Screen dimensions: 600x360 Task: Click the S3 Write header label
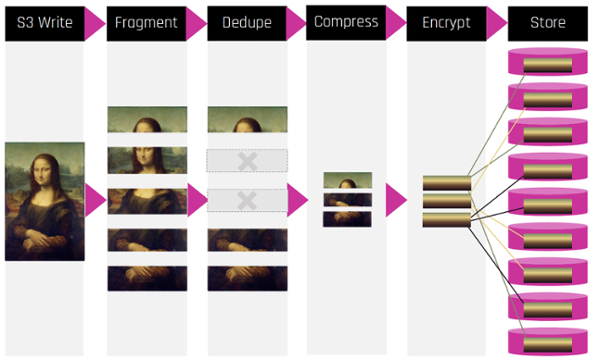point(45,23)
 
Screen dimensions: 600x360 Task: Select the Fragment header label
point(146,23)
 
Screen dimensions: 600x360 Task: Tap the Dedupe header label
point(247,23)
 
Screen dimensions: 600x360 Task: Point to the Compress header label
point(346,22)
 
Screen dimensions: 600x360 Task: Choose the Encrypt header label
point(446,23)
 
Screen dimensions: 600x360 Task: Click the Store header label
point(548,23)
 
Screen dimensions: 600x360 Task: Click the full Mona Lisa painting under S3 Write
point(45,202)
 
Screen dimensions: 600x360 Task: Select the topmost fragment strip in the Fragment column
point(147,119)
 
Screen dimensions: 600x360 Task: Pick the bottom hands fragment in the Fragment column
point(147,279)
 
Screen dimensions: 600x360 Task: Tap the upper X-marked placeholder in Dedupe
point(247,161)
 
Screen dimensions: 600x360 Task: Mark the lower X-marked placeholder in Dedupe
point(247,200)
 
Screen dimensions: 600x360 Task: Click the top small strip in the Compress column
point(347,180)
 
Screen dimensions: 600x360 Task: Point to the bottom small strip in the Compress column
point(347,219)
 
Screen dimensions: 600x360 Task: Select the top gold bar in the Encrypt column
point(447,183)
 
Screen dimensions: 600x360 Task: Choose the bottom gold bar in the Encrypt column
point(446,220)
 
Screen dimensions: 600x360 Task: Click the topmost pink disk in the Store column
point(548,62)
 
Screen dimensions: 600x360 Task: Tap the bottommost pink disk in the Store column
point(548,342)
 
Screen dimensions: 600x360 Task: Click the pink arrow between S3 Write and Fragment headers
point(94,24)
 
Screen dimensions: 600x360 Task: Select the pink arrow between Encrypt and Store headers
point(496,24)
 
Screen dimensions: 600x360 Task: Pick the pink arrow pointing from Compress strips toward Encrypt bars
point(396,200)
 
